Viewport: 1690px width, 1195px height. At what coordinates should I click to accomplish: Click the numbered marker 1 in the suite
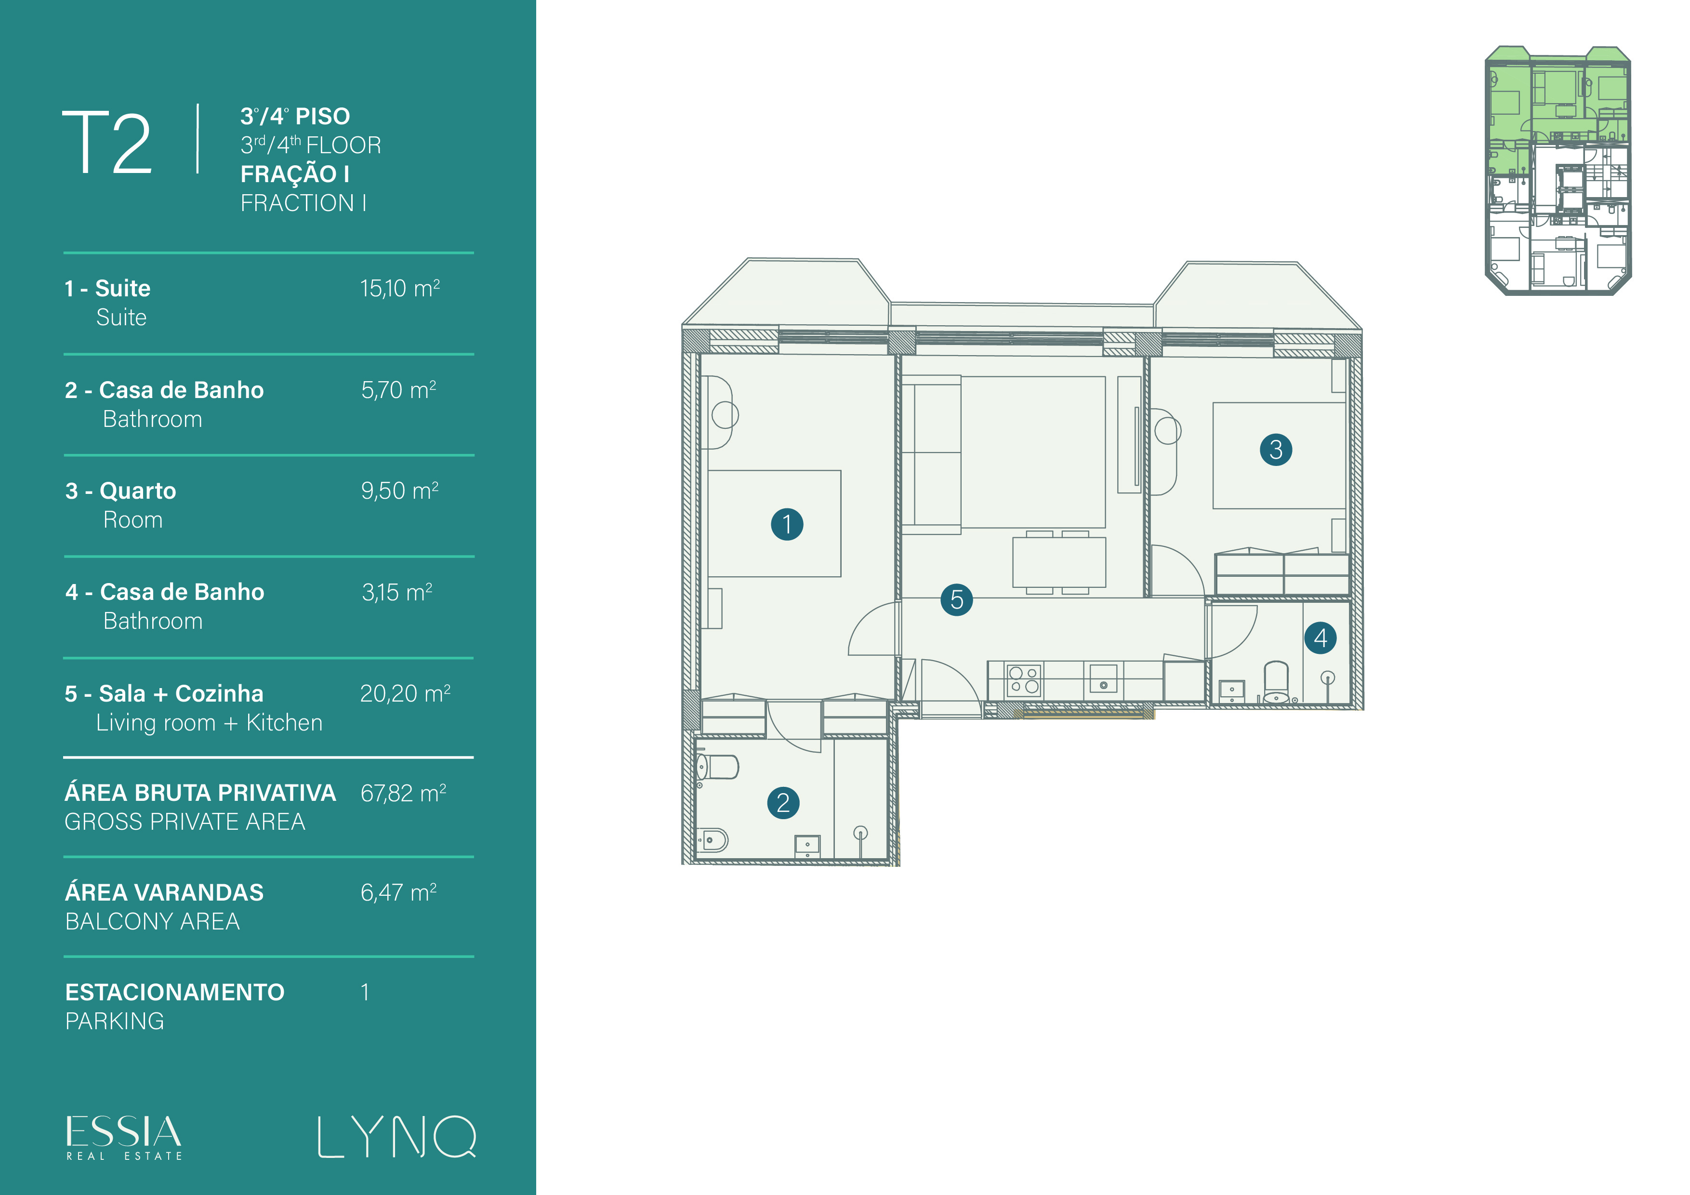click(787, 524)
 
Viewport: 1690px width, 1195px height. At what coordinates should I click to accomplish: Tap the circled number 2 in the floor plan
click(783, 803)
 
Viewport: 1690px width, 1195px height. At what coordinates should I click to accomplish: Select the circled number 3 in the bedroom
click(1276, 449)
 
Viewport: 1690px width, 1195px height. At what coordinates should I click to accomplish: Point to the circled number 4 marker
click(1320, 637)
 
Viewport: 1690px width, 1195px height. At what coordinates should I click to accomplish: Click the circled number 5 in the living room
click(957, 599)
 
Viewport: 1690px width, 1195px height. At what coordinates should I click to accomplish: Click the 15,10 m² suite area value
click(400, 288)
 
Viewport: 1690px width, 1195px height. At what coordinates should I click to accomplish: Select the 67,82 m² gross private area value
click(403, 793)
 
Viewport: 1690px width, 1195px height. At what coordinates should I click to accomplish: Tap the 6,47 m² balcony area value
click(398, 892)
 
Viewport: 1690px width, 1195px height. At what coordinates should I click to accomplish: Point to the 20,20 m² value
click(405, 693)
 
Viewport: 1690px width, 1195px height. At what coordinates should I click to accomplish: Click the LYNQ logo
click(397, 1137)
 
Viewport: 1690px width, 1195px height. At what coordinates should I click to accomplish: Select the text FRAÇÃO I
click(294, 174)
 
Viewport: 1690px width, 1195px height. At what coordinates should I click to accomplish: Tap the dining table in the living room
click(1059, 562)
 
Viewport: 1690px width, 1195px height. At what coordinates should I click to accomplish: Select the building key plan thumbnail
click(1558, 171)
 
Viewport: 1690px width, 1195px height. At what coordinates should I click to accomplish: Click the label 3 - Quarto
click(121, 491)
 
